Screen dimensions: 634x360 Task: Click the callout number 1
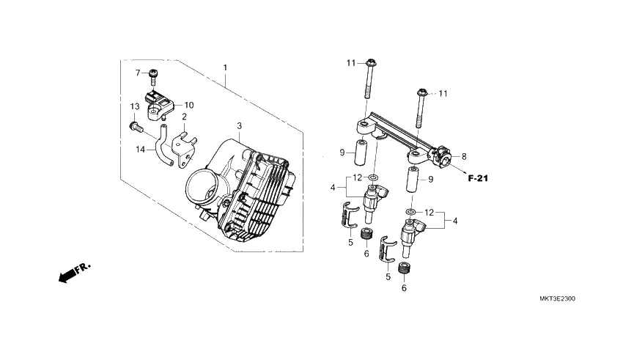pos(225,67)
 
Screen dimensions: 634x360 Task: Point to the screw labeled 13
pos(136,128)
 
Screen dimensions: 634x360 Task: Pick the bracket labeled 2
pos(185,150)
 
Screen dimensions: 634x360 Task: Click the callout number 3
pos(240,126)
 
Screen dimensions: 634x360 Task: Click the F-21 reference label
pos(478,178)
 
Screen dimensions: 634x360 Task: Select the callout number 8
pos(464,156)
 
